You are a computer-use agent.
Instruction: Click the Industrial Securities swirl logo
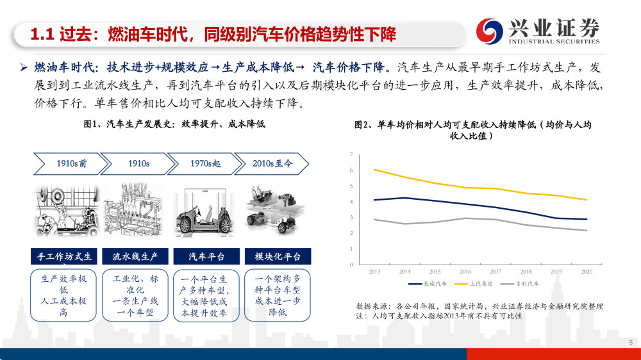click(489, 31)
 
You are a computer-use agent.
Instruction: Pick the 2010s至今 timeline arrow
click(272, 164)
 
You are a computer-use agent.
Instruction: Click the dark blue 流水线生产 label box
click(135, 256)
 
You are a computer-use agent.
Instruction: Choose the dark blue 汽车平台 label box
click(206, 256)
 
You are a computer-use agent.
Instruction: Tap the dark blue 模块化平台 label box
click(278, 256)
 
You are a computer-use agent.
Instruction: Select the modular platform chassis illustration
click(275, 211)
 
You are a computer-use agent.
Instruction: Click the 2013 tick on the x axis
click(374, 272)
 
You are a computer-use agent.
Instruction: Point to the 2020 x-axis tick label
click(587, 272)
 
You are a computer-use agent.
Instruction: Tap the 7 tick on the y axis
click(351, 154)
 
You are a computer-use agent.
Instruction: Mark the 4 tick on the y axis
click(351, 202)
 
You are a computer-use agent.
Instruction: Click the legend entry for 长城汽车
click(428, 284)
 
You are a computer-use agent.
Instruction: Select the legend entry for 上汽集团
click(474, 284)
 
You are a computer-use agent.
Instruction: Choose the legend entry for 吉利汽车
click(520, 284)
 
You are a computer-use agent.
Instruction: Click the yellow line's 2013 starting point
click(374, 170)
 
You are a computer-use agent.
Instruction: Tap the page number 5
click(631, 343)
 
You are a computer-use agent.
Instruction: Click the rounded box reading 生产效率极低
click(63, 295)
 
